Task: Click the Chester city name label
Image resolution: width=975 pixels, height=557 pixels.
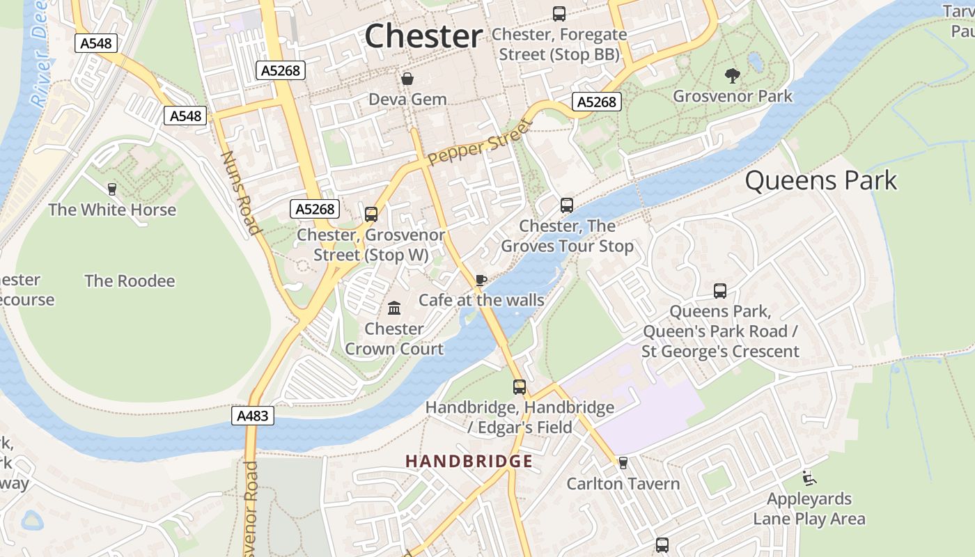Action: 423,36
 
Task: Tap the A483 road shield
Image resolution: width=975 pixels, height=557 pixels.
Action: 252,416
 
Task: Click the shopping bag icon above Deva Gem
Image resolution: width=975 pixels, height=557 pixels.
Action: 407,79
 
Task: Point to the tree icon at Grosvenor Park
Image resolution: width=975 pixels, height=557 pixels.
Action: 732,75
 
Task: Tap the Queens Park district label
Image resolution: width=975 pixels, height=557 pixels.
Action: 821,181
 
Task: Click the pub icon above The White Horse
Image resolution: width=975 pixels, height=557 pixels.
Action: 111,189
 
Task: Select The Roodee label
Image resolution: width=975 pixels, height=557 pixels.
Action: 130,281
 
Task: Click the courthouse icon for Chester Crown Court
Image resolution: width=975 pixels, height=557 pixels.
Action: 394,308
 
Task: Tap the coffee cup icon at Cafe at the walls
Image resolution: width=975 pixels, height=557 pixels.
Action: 481,280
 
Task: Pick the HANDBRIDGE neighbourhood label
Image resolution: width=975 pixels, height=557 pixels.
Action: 469,462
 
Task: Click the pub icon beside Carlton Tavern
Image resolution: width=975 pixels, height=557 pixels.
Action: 623,463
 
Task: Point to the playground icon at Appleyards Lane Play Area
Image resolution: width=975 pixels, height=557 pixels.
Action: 809,478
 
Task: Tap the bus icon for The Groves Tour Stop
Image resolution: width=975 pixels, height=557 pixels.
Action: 567,205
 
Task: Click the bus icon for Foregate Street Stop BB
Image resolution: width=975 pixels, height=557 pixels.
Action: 559,13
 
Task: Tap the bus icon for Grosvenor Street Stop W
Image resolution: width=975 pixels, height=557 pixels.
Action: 371,214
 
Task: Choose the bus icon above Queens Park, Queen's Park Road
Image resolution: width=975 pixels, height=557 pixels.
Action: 720,291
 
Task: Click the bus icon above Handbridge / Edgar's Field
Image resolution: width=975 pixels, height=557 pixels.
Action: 520,387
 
